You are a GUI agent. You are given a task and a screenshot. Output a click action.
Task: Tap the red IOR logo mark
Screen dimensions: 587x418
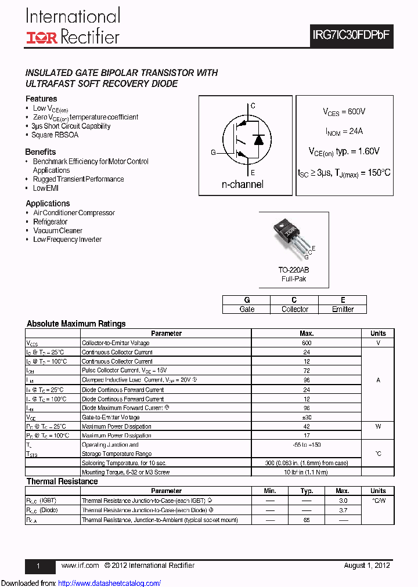(41, 38)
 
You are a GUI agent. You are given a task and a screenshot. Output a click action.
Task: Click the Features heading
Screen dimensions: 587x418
(41, 99)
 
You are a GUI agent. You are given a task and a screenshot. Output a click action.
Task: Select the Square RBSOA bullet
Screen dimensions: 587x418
(55, 135)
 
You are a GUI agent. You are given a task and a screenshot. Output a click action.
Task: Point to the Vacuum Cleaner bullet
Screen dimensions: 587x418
(58, 231)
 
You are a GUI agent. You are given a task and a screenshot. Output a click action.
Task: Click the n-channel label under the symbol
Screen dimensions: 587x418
(243, 184)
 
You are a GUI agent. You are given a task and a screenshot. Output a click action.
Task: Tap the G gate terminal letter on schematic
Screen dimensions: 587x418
(213, 153)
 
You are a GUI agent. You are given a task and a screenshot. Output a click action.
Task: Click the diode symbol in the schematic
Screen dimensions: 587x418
(259, 139)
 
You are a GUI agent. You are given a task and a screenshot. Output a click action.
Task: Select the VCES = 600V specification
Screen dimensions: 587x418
(344, 111)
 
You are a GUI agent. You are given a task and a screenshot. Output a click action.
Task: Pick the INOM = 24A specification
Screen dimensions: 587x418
(344, 131)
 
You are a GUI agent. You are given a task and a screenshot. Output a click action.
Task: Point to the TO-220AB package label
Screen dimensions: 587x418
(293, 270)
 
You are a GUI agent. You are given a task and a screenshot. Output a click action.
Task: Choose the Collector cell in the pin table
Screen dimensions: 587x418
(295, 309)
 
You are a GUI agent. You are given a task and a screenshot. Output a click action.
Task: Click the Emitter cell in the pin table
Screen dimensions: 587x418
(343, 309)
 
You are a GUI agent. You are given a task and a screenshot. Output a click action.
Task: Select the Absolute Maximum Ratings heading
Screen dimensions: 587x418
(76, 324)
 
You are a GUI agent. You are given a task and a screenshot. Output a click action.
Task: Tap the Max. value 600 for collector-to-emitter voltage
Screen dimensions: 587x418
(307, 343)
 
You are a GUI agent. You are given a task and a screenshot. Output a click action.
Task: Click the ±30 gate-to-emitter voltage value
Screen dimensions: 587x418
(307, 417)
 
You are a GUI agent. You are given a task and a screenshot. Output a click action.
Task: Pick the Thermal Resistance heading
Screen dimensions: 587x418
(62, 481)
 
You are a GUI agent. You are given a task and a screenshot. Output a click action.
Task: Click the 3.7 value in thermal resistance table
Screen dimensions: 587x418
(343, 510)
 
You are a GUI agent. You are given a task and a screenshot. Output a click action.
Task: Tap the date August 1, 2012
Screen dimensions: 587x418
(366, 566)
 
